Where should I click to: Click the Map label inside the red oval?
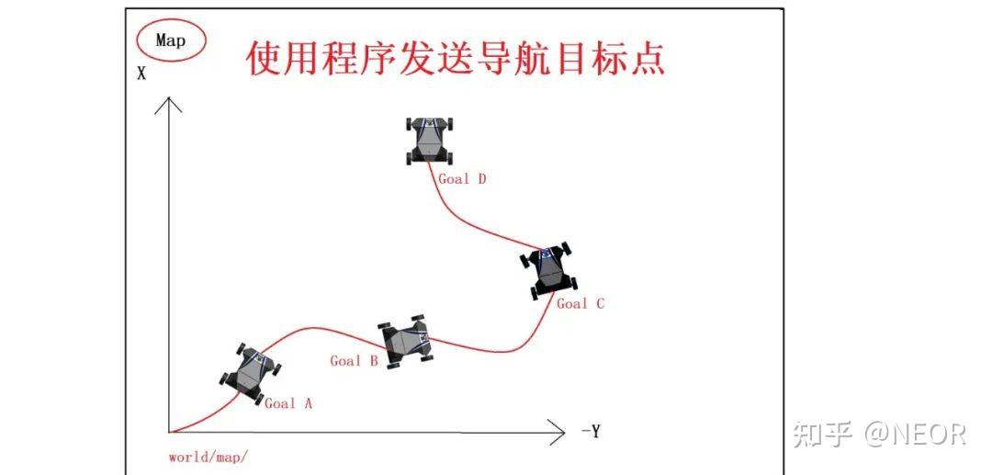tap(171, 40)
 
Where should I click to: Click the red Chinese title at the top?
tap(456, 57)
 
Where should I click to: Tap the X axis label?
tap(141, 74)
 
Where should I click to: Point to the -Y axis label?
tap(590, 431)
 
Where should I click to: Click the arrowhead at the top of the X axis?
tap(168, 101)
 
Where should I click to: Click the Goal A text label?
tap(287, 402)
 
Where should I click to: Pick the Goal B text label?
tap(354, 361)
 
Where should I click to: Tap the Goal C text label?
tap(581, 303)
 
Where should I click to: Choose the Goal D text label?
tap(462, 178)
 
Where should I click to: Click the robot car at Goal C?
tap(547, 269)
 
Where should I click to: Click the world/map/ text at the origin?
tap(209, 457)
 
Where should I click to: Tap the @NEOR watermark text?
tap(915, 434)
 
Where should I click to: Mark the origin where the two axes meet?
tap(169, 431)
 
